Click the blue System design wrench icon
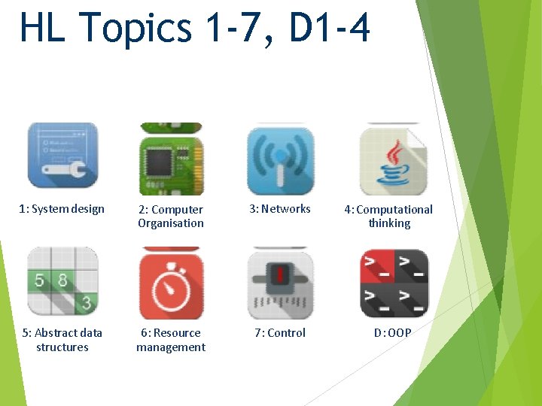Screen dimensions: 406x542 pos(62,156)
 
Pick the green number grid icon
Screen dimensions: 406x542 pos(62,282)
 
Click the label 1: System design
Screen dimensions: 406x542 pos(62,209)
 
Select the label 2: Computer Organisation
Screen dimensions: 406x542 pos(171,217)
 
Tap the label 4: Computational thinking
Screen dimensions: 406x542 pos(389,217)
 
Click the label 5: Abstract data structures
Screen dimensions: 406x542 pos(62,340)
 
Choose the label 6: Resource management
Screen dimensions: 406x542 pos(171,340)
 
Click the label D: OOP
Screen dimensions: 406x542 pos(393,333)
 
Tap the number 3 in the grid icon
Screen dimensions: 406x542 pos(87,303)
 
